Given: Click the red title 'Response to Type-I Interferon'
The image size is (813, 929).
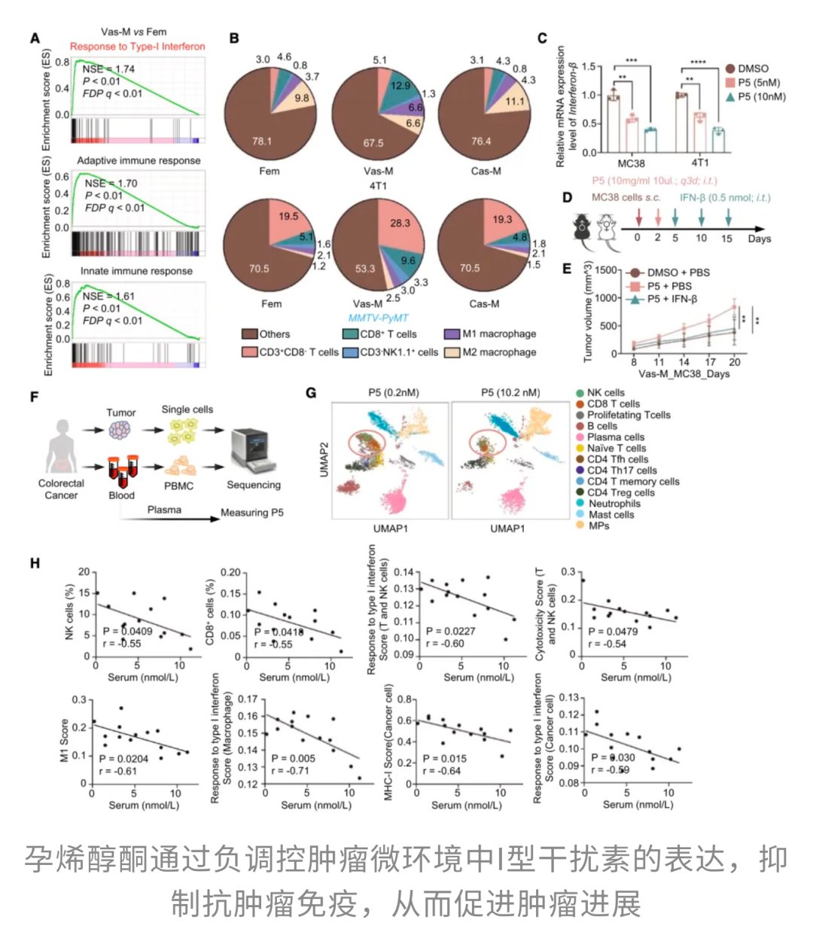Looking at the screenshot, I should pos(137,46).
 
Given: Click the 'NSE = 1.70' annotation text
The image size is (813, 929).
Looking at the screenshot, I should pos(111,183).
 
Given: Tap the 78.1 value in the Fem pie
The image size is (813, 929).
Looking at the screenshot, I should pos(262,141).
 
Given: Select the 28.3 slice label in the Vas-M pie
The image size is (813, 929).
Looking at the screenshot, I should pos(400,223).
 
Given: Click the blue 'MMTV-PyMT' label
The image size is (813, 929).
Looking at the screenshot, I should pos(378,318).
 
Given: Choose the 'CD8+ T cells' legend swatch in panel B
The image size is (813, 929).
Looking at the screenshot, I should pos(349,334).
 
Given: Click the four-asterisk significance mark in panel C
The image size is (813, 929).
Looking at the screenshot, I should pos(698,62).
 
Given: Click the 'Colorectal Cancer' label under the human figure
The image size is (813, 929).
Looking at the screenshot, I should pos(61,489).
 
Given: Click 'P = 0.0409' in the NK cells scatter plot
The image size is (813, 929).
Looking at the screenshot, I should pos(128,632).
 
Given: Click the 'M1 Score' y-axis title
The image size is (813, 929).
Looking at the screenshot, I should pos(65,741).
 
